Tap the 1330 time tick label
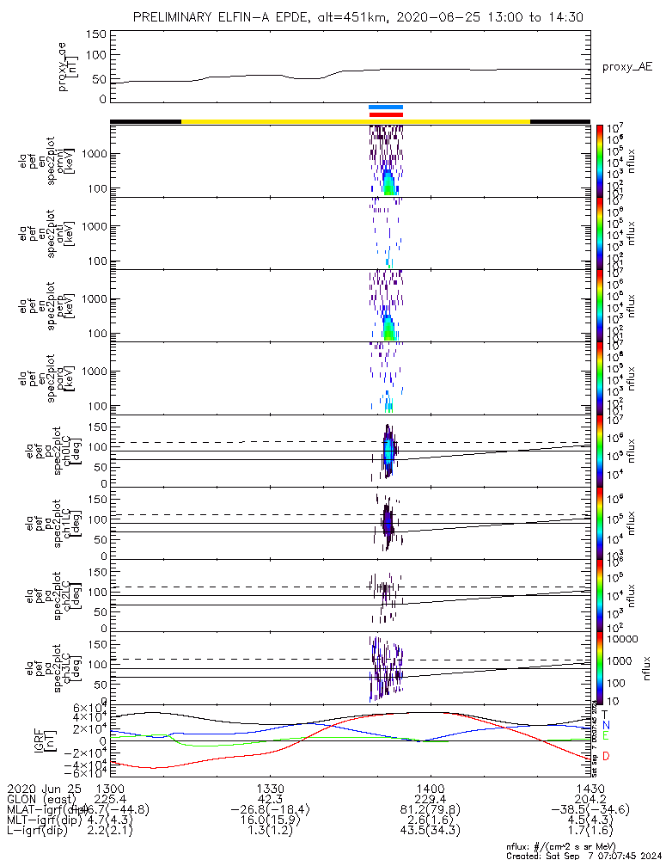click(270, 788)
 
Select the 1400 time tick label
click(430, 788)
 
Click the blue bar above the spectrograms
click(385, 107)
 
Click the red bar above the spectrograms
click(385, 114)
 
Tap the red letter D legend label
click(606, 756)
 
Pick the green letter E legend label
click(605, 736)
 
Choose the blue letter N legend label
click(606, 725)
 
